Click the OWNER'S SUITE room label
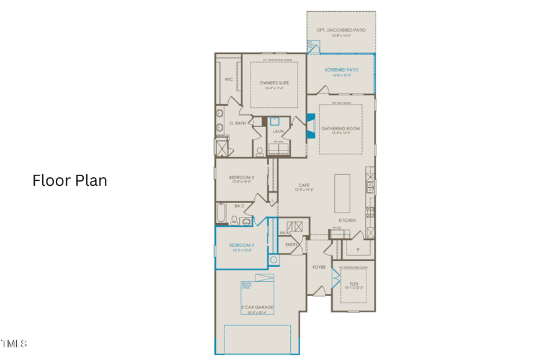[x=274, y=83]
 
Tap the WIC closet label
[x=228, y=80]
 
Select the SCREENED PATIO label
[x=341, y=70]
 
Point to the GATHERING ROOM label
[x=340, y=129]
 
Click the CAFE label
[x=304, y=185]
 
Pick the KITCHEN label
[x=347, y=221]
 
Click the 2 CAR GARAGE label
[x=257, y=307]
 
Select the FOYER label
[x=319, y=267]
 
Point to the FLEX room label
[x=354, y=283]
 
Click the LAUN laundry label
[x=278, y=131]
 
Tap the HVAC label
[x=285, y=233]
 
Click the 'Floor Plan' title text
[x=69, y=180]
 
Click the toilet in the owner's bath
[x=259, y=151]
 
